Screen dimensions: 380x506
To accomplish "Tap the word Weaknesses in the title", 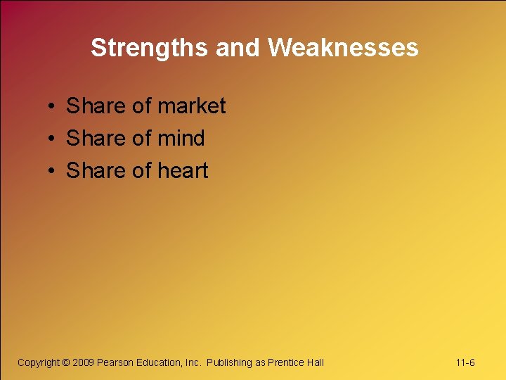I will (343, 48).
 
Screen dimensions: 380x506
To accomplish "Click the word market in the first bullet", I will (192, 106).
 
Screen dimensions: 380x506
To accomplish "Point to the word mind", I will (181, 139).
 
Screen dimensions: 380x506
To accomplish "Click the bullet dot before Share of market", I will (52, 107).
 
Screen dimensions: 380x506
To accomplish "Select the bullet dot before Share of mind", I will (52, 139).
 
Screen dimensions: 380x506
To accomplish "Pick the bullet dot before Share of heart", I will (52, 172).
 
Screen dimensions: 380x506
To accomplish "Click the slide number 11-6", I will (465, 362).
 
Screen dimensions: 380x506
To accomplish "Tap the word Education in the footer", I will (158, 362).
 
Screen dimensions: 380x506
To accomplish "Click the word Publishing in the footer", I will (229, 362).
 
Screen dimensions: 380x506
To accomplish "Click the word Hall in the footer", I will (315, 362).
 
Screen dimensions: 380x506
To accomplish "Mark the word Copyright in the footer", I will (39, 362).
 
